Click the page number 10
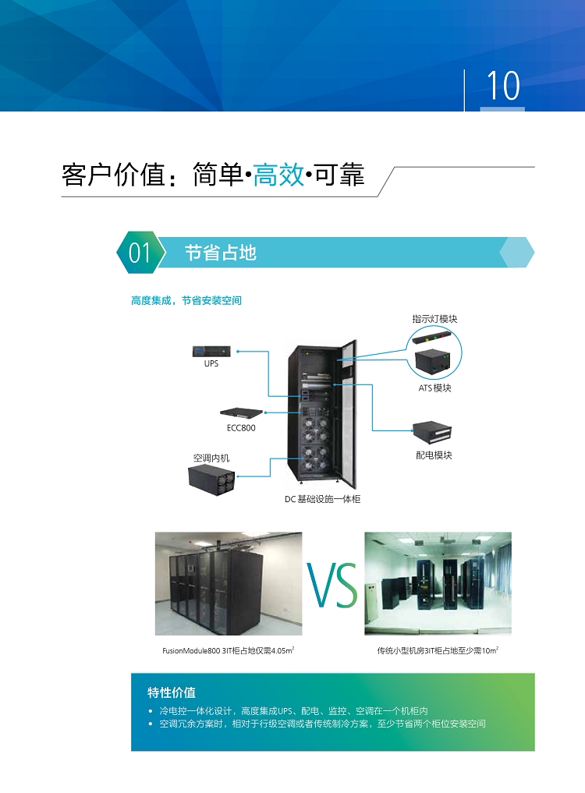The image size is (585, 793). tap(503, 85)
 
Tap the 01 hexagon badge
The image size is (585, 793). tap(140, 253)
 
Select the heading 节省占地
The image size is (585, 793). tap(220, 253)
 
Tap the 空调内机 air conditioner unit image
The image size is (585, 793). tap(211, 476)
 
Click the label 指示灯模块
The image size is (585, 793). tap(434, 319)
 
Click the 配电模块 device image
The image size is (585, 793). tap(434, 434)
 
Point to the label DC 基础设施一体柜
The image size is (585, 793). tap(322, 499)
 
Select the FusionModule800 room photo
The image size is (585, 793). tap(228, 584)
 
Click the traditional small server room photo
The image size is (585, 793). tap(438, 584)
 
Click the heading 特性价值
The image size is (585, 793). tap(172, 692)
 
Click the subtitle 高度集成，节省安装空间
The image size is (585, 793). tap(186, 300)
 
